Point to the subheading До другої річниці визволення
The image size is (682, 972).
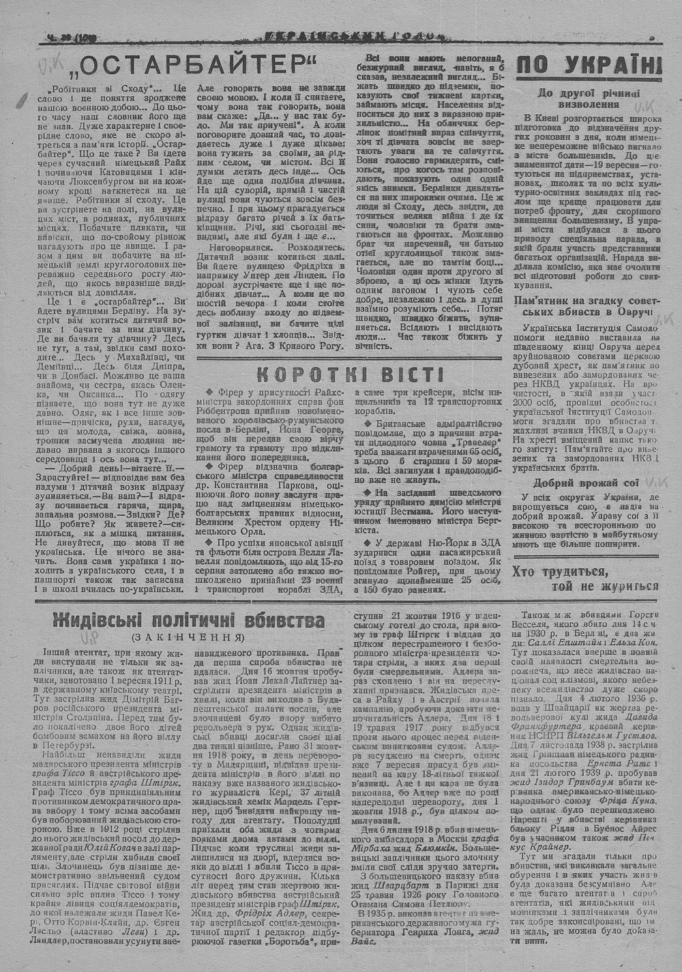click(589, 98)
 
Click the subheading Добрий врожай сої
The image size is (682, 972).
click(586, 483)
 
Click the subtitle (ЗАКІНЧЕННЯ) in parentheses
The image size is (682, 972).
click(188, 637)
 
